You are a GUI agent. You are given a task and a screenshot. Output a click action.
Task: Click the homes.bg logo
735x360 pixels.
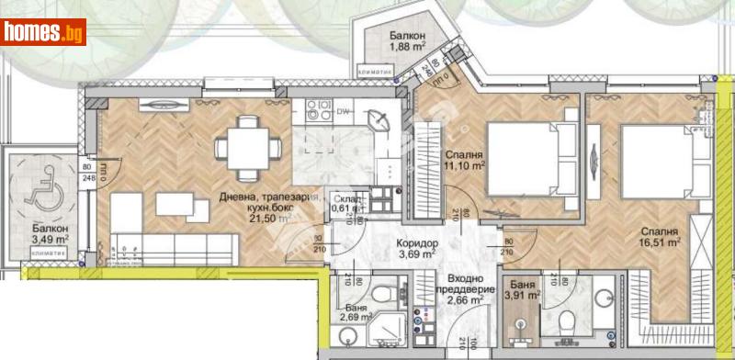pyautogui.click(x=43, y=32)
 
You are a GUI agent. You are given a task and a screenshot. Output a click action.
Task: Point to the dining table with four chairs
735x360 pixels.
pyautogui.click(x=244, y=145)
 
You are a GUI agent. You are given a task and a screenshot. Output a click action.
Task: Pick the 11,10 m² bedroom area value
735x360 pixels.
pyautogui.click(x=466, y=167)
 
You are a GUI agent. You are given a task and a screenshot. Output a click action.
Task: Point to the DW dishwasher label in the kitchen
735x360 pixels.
pyautogui.click(x=342, y=112)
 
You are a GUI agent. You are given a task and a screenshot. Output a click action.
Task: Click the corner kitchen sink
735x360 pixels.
pyautogui.click(x=378, y=120)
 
